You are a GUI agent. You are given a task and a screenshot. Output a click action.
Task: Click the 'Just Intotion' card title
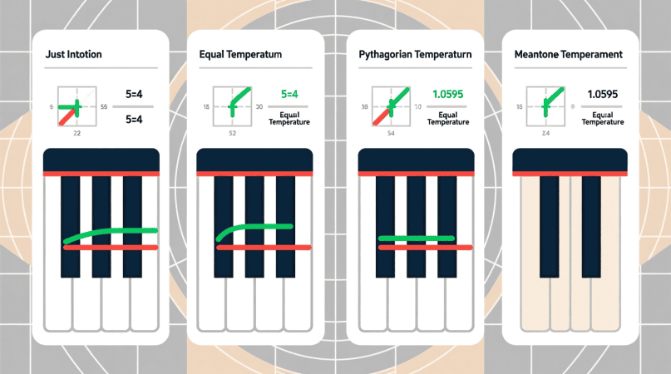pos(74,55)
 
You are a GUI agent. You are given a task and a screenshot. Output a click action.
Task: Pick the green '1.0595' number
pos(447,94)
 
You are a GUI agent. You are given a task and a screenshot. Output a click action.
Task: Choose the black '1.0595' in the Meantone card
pos(604,94)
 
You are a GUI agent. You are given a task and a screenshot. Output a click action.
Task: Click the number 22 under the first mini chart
pos(77,133)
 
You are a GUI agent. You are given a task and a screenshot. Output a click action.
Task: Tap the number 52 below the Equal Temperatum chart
pos(231,133)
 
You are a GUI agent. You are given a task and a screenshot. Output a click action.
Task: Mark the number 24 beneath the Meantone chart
pos(545,133)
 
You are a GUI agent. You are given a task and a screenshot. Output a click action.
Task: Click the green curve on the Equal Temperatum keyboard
pos(254,229)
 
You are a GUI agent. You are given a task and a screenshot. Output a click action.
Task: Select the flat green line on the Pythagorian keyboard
pos(416,239)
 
